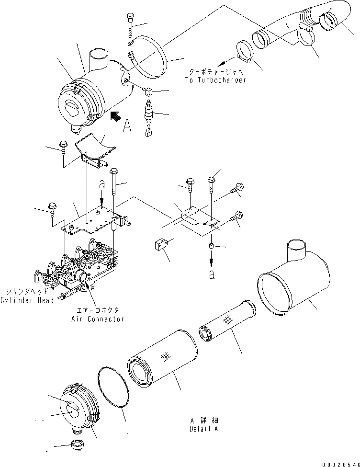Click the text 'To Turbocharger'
point(215,80)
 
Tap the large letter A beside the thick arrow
point(127,125)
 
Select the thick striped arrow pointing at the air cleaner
point(115,117)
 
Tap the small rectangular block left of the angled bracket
point(161,247)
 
